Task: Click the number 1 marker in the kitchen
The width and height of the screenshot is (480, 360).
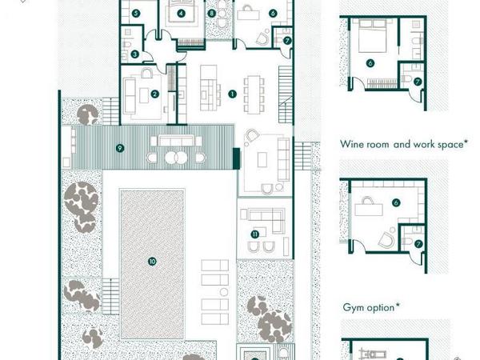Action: [232, 94]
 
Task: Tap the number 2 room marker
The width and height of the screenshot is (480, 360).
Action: [154, 94]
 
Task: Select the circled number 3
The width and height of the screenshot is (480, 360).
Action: [134, 54]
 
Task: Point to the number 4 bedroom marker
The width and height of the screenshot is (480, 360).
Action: [182, 13]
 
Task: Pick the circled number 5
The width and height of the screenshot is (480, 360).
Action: [136, 13]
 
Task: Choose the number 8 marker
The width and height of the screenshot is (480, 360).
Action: [211, 13]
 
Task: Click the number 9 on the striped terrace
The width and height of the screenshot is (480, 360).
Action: [120, 149]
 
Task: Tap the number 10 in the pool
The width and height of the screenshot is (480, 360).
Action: [152, 262]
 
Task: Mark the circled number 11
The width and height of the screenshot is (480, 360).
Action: [254, 234]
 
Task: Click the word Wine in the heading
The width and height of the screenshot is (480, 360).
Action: [350, 144]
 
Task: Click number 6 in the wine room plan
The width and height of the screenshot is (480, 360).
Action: [396, 202]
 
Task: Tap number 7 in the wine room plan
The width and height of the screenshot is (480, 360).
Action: [418, 244]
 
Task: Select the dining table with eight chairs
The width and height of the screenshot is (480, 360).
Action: [254, 94]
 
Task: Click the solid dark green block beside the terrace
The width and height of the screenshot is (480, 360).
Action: [236, 158]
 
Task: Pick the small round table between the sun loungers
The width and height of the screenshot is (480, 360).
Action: [224, 292]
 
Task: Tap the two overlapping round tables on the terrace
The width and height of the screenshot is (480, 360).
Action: [176, 158]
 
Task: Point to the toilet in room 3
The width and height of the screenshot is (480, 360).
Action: [126, 45]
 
